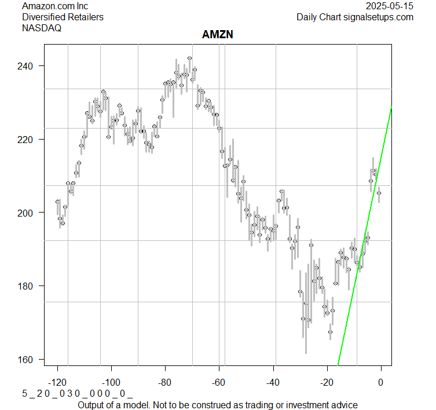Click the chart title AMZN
point(218,35)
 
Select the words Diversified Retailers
point(63,17)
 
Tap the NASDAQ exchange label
point(42,27)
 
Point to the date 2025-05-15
point(390,6)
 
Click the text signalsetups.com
point(376,17)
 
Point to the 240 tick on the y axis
point(30,66)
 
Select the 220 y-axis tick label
point(30,140)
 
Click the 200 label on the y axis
point(30,213)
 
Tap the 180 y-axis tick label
point(30,286)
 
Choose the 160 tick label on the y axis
point(30,360)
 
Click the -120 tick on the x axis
point(57,382)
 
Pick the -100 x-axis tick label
point(111,382)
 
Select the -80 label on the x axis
point(165,382)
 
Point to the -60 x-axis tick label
point(219,382)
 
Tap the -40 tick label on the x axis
point(273,382)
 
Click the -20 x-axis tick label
point(327,382)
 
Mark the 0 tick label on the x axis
point(380,382)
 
